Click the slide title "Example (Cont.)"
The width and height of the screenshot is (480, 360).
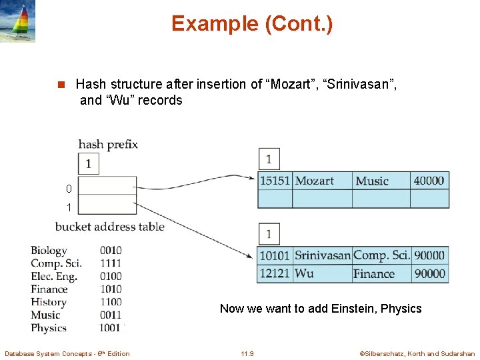(251, 23)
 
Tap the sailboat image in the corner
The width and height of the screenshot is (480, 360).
(18, 21)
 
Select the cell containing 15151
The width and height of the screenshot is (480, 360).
(275, 181)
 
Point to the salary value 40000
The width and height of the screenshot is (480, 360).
(429, 181)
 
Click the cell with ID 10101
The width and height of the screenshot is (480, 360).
(274, 255)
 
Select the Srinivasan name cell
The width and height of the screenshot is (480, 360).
(323, 255)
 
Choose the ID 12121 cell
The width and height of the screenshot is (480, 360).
(274, 273)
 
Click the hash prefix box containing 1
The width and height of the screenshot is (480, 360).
(89, 163)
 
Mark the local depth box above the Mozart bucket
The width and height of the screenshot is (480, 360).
(269, 159)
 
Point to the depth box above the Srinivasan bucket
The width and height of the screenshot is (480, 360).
(269, 234)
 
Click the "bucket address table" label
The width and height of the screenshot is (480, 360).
(109, 227)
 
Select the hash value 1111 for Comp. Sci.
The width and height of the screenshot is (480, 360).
(111, 263)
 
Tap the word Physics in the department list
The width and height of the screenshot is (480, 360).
(49, 328)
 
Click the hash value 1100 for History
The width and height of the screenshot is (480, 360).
(111, 302)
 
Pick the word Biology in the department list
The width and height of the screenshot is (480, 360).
(49, 251)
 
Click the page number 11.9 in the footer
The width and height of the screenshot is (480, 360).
(247, 353)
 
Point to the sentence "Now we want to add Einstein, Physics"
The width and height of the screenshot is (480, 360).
(321, 308)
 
